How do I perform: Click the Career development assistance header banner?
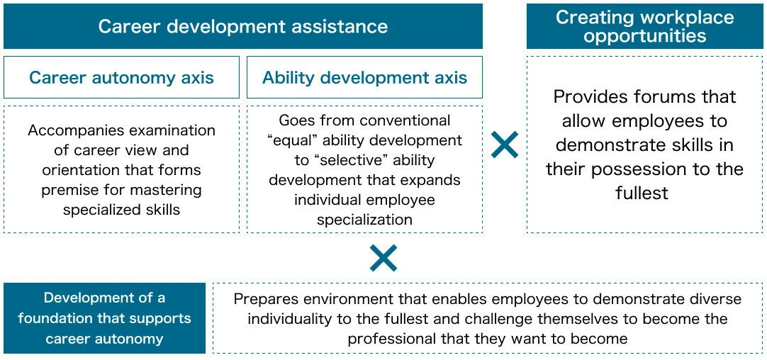coord(243,26)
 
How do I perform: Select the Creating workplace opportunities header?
coord(644,26)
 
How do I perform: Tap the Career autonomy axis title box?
coord(121,77)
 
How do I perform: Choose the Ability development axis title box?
coord(364,77)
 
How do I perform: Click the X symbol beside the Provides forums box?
coord(504,145)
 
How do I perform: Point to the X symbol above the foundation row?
coord(383,258)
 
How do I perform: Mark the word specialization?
coord(364,220)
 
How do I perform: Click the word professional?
coord(387,339)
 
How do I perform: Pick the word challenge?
coord(498,319)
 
